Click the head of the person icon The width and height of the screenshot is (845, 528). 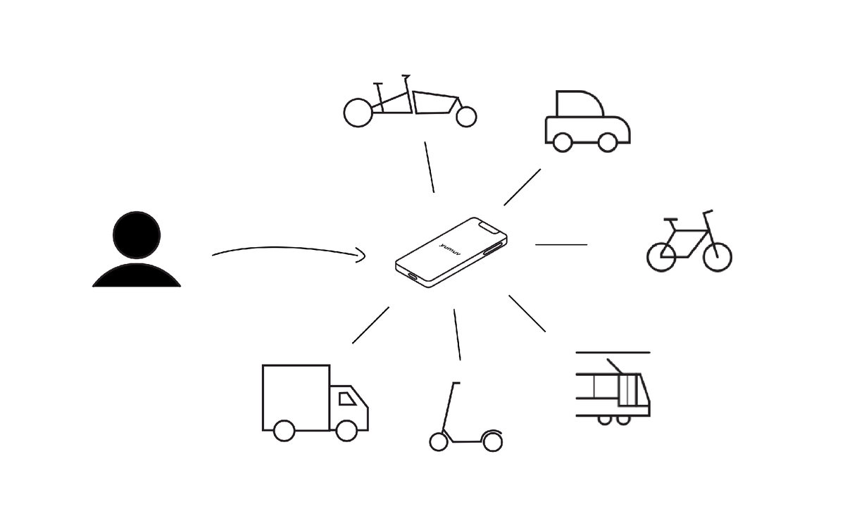tap(137, 235)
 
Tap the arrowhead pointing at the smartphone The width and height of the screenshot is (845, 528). tap(361, 256)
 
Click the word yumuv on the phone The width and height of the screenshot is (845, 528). tap(451, 249)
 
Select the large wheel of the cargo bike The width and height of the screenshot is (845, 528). tap(358, 113)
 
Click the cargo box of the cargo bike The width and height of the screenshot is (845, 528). tap(436, 102)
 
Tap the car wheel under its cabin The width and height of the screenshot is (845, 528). tap(563, 142)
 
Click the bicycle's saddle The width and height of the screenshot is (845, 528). tap(670, 219)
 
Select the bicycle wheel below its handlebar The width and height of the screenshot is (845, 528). tap(718, 257)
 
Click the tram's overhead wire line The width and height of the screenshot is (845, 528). tap(613, 353)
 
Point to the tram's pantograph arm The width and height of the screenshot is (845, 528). tap(614, 366)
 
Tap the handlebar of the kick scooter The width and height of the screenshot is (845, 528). tap(456, 383)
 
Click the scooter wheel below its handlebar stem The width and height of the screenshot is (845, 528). tap(439, 441)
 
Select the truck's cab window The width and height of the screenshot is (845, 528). tap(347, 398)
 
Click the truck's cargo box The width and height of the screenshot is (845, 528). tap(296, 397)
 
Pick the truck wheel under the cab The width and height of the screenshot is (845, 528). tap(346, 431)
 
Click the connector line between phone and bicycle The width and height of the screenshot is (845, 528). tap(561, 245)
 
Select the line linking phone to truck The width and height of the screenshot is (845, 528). tap(370, 325)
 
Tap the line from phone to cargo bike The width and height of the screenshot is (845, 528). tap(430, 167)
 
